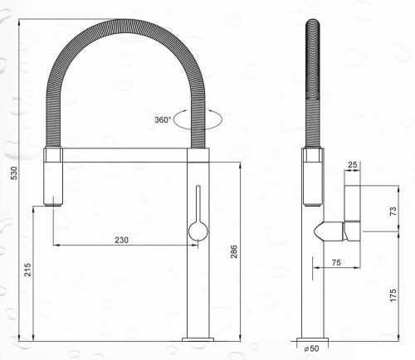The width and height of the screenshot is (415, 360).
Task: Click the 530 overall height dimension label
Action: coord(13,173)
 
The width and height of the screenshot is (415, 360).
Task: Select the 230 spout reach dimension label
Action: coord(122,240)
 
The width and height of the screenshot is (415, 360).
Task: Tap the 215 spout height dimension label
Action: coord(28,270)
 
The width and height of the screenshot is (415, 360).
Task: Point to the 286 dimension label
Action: coord(234,251)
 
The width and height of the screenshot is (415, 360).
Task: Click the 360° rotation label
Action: coord(163,120)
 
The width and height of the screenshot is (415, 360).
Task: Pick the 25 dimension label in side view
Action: coord(352,165)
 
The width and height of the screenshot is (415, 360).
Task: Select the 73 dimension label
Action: coord(393,211)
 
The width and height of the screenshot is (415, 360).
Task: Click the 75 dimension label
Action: coord(336,262)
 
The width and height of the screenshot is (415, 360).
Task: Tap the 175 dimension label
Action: coord(393,294)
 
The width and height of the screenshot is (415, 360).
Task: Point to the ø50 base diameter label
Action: coord(312,348)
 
